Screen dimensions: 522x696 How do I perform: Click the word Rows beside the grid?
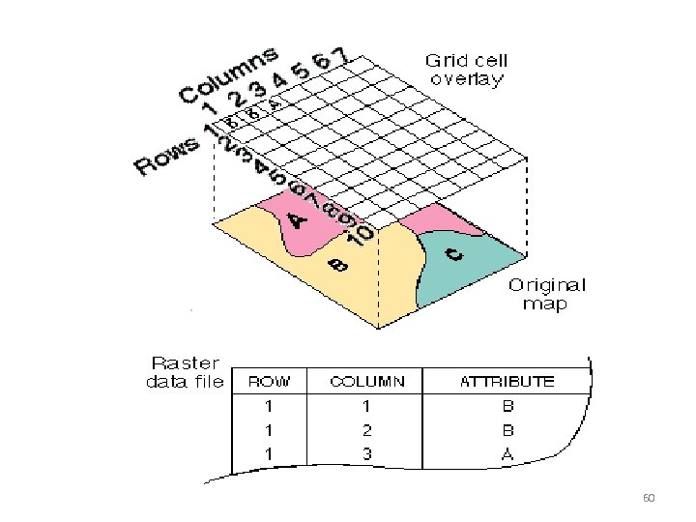(167, 157)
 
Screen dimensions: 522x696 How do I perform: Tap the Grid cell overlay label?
(466, 71)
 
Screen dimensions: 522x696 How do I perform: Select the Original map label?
(547, 294)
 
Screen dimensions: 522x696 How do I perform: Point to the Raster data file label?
(184, 372)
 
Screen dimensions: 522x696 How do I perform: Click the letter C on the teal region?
(455, 255)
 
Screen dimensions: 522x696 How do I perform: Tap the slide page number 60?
(649, 499)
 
